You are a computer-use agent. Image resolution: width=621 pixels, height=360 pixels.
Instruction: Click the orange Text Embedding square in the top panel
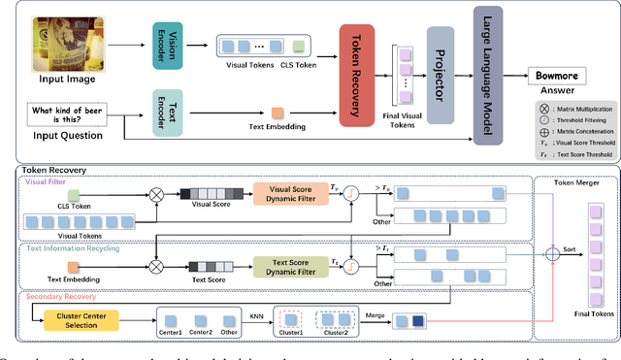277,114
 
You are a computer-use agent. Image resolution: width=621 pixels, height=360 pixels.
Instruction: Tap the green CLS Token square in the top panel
299,46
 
